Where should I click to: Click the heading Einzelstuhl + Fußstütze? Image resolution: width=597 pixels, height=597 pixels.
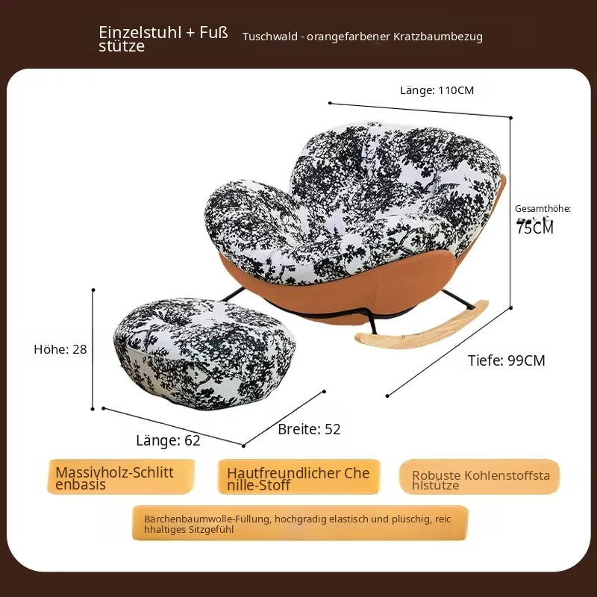tap(163, 39)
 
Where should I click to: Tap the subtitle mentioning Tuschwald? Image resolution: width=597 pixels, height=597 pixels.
tap(363, 37)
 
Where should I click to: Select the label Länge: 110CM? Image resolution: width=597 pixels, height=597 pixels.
tap(437, 90)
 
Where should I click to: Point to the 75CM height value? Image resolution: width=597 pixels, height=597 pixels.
tap(534, 227)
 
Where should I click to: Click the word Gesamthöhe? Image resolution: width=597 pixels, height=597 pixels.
tap(543, 208)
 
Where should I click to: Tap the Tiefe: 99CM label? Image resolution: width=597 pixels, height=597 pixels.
tap(507, 360)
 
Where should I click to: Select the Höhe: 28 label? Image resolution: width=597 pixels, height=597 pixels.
tap(60, 349)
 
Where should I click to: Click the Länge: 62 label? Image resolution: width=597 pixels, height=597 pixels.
tap(168, 440)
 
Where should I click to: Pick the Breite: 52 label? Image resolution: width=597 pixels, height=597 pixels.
tap(309, 429)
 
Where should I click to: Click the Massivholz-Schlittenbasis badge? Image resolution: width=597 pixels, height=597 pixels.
tap(121, 477)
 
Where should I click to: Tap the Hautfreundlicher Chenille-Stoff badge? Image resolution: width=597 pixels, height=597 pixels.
tap(299, 477)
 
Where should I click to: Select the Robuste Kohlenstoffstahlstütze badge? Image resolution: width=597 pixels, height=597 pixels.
tap(479, 477)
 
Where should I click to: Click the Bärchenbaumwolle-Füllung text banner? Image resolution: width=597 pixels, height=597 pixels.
tap(301, 523)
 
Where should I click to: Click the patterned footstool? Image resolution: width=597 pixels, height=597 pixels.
tap(204, 353)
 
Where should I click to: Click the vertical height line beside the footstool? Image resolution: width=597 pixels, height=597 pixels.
tap(93, 349)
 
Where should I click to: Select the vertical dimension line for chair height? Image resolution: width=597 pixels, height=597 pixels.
tap(510, 213)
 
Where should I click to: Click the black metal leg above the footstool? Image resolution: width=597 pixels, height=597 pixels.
tap(233, 294)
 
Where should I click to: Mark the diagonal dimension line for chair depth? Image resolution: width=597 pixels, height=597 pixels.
tap(449, 351)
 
